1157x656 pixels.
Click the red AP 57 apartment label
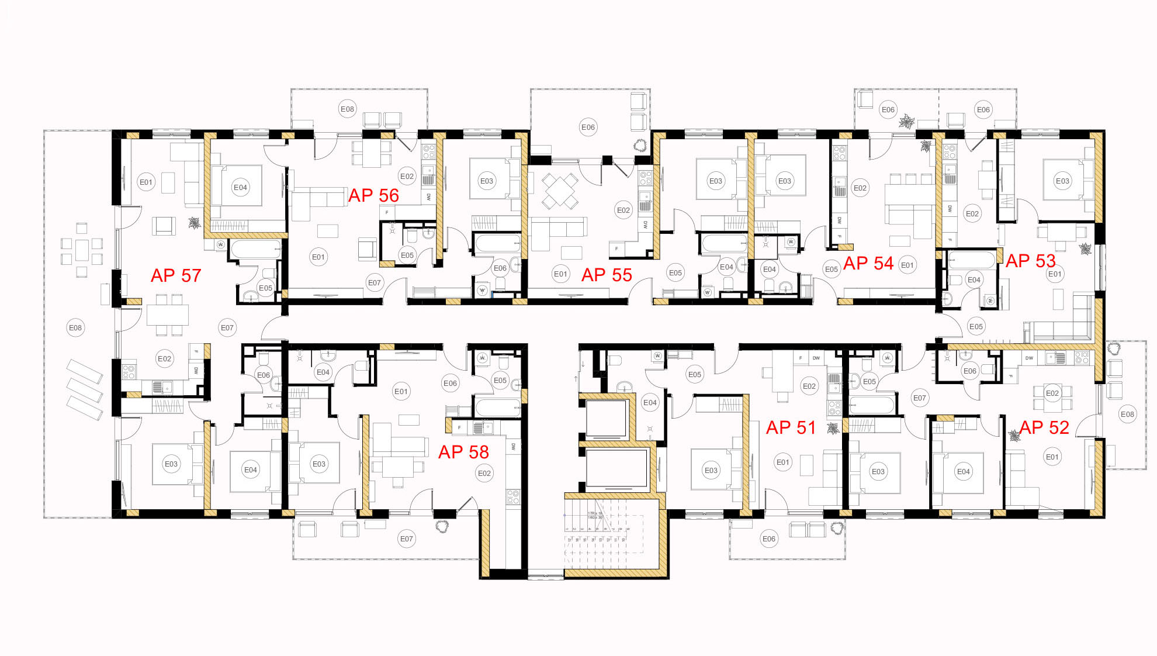176,275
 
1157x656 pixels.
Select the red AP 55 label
607,275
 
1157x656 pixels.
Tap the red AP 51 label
791,427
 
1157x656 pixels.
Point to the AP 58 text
463,452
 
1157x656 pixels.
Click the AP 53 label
1030,261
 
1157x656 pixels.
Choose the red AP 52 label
1044,427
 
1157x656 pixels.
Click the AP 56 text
373,195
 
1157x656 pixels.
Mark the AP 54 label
868,264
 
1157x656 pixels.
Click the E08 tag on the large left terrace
75,327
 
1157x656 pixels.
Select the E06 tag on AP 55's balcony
588,127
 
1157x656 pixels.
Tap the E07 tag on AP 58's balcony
407,538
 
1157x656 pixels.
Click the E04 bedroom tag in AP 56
240,187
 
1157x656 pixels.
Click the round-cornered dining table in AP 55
559,191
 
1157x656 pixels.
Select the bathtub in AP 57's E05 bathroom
255,249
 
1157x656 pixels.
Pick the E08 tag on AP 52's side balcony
1127,414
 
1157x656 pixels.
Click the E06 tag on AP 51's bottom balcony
769,538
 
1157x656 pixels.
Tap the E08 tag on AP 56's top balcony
347,109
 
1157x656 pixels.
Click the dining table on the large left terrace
82,250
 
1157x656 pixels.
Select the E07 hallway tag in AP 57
227,327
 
